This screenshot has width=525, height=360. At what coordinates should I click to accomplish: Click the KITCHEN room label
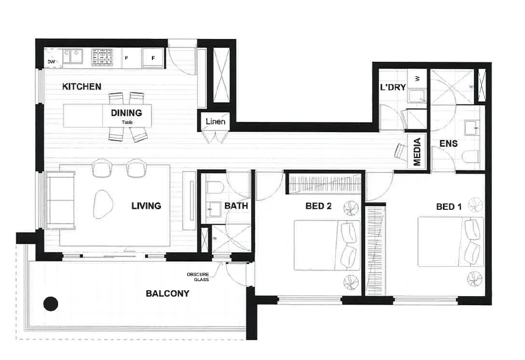pyautogui.click(x=82, y=86)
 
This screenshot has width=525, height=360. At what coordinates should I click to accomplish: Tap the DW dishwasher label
pyautogui.click(x=51, y=62)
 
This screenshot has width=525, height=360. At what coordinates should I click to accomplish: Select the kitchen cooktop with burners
pyautogui.click(x=102, y=56)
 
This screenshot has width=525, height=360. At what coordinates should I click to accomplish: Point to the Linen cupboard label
pyautogui.click(x=215, y=121)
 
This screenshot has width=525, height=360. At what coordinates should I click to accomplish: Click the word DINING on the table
pyautogui.click(x=126, y=113)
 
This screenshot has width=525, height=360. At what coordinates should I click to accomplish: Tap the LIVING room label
pyautogui.click(x=146, y=206)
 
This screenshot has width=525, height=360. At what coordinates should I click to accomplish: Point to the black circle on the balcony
pyautogui.click(x=50, y=304)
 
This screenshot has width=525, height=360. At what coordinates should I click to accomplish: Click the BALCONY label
pyautogui.click(x=167, y=293)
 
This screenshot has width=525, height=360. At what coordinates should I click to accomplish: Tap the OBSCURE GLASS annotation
pyautogui.click(x=197, y=277)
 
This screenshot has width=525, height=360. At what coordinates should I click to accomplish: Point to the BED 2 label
pyautogui.click(x=319, y=206)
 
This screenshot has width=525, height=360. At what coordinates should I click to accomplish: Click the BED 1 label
pyautogui.click(x=449, y=207)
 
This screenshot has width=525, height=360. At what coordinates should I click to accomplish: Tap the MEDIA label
pyautogui.click(x=417, y=152)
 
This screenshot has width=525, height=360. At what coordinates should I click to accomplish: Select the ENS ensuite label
pyautogui.click(x=449, y=144)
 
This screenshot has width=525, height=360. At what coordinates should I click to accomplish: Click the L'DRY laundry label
pyautogui.click(x=393, y=87)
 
